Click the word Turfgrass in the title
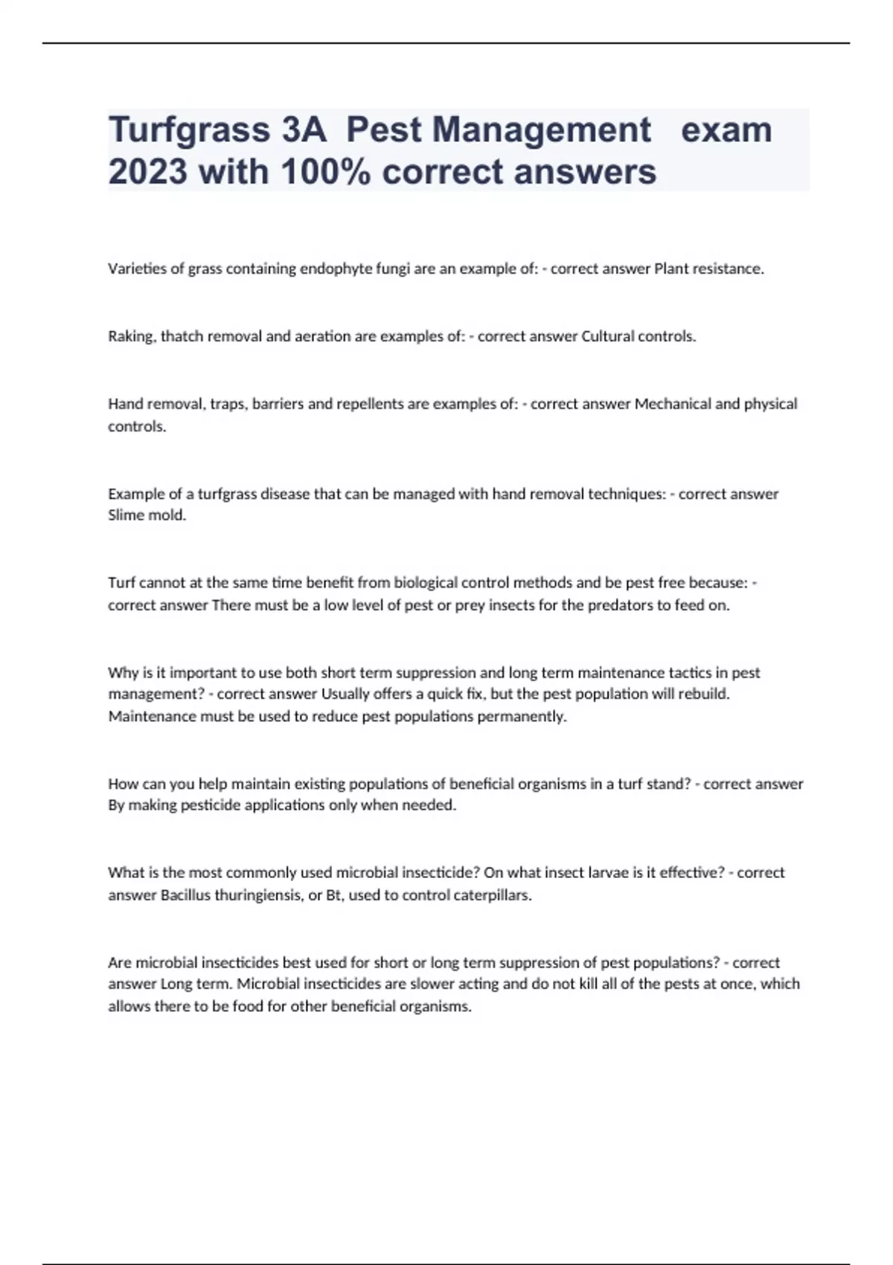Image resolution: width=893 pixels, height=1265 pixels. click(188, 131)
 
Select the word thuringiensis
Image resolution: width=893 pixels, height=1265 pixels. click(259, 895)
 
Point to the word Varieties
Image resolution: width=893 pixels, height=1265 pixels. click(137, 269)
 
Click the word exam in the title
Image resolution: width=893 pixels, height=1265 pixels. click(727, 130)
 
